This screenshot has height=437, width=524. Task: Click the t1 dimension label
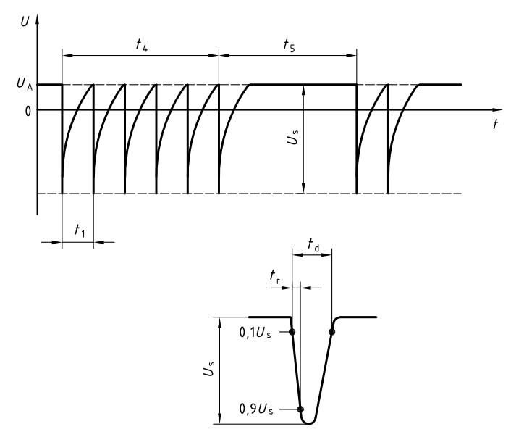[x=79, y=229]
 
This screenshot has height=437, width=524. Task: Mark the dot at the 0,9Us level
[x=300, y=409]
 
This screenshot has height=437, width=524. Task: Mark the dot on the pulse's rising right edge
[x=331, y=332]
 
